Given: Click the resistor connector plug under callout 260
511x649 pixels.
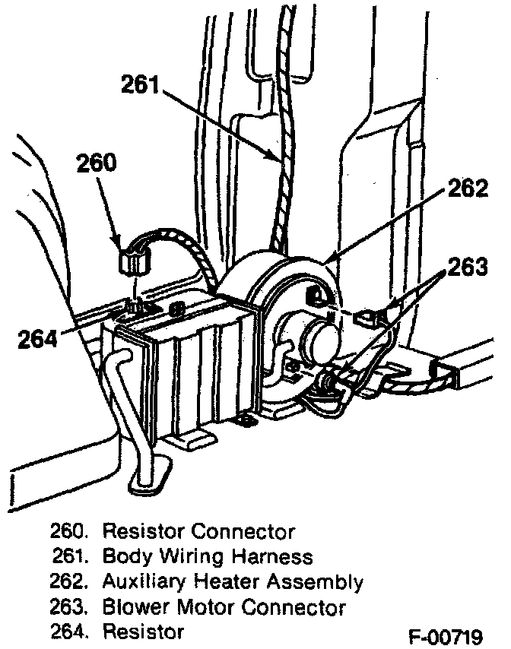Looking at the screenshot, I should (x=134, y=261).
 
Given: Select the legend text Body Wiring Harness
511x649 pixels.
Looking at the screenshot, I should (x=207, y=556).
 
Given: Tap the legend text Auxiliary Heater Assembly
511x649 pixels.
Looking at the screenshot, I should (x=232, y=582).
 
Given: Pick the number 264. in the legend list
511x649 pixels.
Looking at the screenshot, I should (x=70, y=632).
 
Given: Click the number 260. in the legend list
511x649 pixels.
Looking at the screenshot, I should (x=70, y=530).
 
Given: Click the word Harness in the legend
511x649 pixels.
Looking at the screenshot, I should (x=277, y=556).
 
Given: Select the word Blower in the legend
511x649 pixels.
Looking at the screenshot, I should (x=132, y=607).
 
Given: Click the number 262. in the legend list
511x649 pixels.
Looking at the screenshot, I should (x=70, y=582).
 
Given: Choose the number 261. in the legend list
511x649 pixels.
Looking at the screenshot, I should (x=71, y=556).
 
